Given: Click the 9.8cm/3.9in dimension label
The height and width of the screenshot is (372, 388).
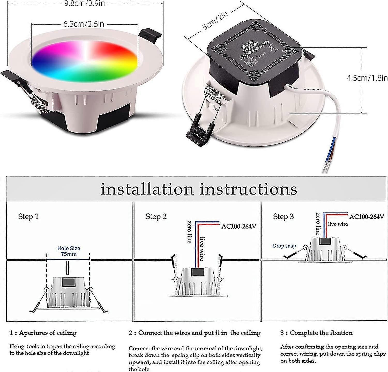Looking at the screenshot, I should [x=84, y=3].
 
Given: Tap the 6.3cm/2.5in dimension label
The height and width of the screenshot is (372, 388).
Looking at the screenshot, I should [x=84, y=24].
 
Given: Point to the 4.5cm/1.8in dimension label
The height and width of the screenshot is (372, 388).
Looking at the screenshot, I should [x=367, y=78].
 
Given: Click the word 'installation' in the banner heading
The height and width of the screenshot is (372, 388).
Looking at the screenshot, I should [x=147, y=189].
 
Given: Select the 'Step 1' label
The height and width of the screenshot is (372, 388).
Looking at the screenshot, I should [x=28, y=216].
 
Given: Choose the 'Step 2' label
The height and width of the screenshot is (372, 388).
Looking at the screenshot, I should [x=156, y=216].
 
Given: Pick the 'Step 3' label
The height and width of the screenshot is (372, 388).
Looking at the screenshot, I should [x=283, y=216].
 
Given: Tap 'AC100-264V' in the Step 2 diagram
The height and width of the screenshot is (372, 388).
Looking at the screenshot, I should [x=238, y=226].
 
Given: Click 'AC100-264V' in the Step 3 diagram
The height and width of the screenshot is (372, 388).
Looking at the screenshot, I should [x=366, y=216].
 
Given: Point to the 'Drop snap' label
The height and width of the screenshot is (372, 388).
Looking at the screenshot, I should [x=284, y=246].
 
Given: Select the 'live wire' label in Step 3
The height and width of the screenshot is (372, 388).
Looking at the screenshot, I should [x=338, y=224].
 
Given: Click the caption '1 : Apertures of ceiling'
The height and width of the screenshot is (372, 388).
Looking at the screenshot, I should [x=43, y=333].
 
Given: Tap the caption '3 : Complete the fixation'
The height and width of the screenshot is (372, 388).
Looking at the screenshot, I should [x=316, y=333].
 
